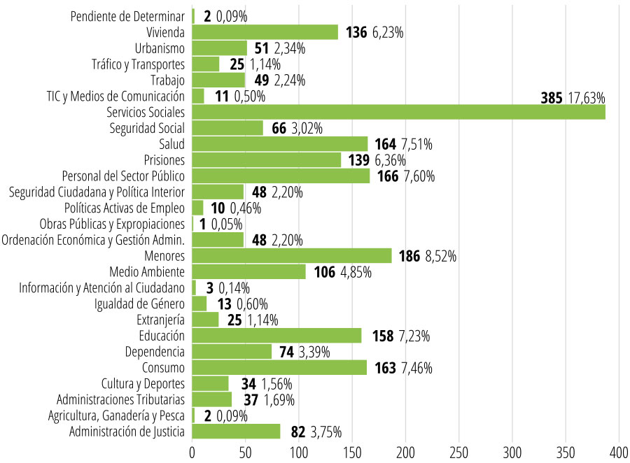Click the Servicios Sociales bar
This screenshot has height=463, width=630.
(398, 113)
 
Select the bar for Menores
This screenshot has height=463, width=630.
(292, 256)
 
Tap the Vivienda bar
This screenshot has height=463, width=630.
(265, 32)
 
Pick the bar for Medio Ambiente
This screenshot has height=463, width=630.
(248, 272)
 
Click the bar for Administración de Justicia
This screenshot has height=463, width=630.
(236, 432)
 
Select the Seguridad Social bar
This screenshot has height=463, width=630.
(227, 128)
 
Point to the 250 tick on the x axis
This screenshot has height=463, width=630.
(459, 452)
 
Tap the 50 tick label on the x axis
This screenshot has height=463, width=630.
(246, 452)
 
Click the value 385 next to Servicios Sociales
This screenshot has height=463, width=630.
(552, 98)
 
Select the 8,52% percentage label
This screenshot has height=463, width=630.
(441, 257)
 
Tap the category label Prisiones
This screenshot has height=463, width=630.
(164, 160)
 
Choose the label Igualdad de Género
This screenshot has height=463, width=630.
(140, 304)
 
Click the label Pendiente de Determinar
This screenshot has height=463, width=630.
(128, 17)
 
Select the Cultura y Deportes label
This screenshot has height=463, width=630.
(143, 383)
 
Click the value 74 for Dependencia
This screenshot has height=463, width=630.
(286, 352)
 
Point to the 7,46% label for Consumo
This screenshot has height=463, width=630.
(415, 368)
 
